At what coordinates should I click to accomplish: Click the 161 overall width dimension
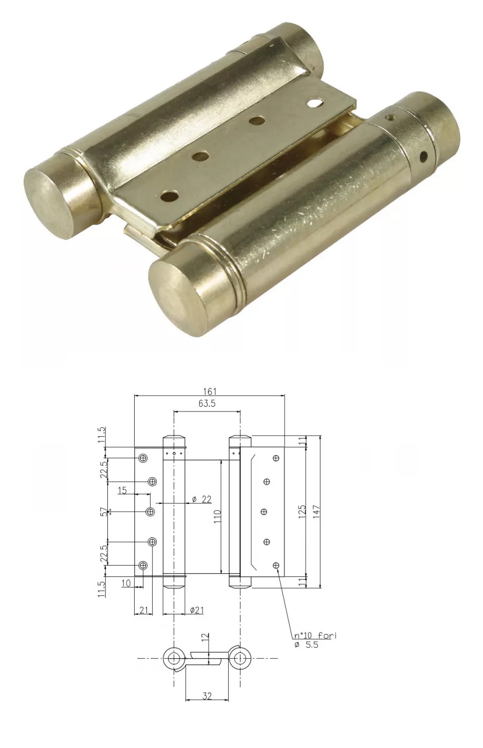[210, 391]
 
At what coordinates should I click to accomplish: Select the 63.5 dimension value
[207, 404]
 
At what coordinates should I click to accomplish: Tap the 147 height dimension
[317, 512]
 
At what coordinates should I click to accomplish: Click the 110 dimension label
[217, 516]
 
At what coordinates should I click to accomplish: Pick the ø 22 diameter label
[202, 499]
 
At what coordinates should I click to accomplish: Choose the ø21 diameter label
[197, 610]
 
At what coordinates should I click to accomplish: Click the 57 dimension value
[104, 512]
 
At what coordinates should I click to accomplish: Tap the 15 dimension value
[122, 490]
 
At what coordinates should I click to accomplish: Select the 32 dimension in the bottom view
[207, 696]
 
